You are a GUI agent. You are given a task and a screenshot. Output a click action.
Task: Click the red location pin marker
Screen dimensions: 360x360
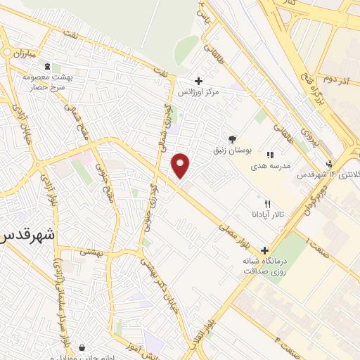(181, 165)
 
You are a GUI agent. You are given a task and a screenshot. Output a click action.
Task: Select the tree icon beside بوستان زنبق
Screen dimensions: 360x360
(233, 139)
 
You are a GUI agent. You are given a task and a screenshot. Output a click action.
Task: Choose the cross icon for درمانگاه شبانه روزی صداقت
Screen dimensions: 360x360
(264, 250)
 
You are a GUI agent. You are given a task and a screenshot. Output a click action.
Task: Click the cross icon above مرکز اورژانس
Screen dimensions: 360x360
(199, 81)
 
